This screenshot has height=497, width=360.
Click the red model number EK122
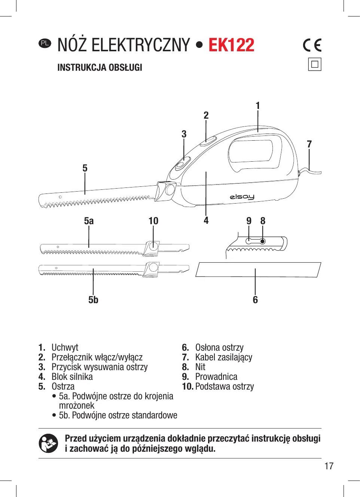click(x=231, y=45)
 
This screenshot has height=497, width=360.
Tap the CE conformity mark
click(x=312, y=45)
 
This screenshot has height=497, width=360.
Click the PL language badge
click(x=45, y=43)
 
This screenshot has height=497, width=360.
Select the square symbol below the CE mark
click(x=315, y=64)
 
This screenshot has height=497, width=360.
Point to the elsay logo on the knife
click(x=242, y=196)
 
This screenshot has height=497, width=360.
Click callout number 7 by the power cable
click(x=309, y=144)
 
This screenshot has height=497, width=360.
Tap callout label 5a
click(x=89, y=221)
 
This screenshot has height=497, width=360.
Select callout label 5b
click(x=93, y=300)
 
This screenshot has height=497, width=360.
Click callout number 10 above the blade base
click(x=153, y=221)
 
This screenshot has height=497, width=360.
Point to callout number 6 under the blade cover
click(x=255, y=300)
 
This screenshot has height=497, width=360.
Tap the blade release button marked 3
click(x=183, y=163)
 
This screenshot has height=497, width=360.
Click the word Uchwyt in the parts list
click(x=65, y=348)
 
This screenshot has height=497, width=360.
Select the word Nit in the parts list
click(x=200, y=367)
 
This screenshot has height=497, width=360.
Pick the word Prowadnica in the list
click(x=216, y=377)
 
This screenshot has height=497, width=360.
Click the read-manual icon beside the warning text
click(x=48, y=443)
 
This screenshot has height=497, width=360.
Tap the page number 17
click(x=329, y=466)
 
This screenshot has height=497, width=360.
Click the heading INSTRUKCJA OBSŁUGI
click(x=100, y=68)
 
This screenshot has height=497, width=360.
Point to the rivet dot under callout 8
click(x=263, y=241)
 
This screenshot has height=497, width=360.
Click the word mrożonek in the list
click(x=76, y=406)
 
